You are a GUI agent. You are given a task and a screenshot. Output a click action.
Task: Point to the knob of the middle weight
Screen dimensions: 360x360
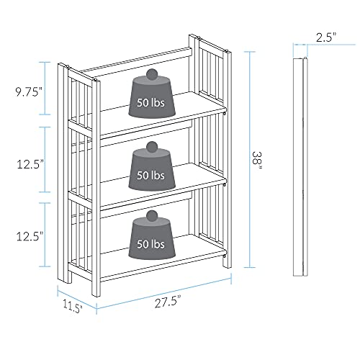coord(152,147)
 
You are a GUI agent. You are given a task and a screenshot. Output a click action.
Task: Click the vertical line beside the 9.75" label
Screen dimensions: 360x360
coord(48,89)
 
